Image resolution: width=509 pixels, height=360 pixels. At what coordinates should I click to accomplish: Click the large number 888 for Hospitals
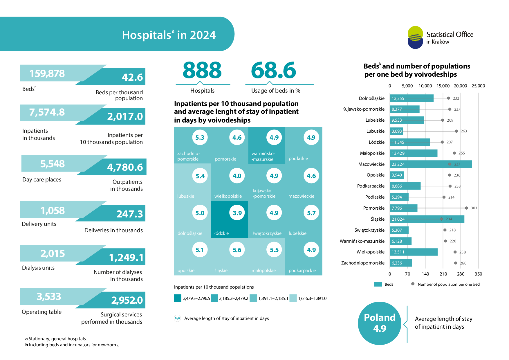(x=202, y=70)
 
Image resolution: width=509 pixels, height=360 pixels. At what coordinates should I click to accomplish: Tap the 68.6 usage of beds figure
(x=273, y=70)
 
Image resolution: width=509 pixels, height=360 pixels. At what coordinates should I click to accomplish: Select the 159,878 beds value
(x=47, y=73)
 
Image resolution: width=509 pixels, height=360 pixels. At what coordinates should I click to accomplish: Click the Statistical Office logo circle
(x=415, y=37)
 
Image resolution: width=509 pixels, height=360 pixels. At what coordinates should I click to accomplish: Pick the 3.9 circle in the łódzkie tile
(x=237, y=213)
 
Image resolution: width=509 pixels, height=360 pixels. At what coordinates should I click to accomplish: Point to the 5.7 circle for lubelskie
(x=311, y=213)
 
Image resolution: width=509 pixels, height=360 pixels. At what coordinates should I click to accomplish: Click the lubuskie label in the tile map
(x=186, y=196)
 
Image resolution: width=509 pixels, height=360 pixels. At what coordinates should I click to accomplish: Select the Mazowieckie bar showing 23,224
(x=431, y=164)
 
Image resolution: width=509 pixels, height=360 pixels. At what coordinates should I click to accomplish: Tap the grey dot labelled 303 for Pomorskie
(x=466, y=208)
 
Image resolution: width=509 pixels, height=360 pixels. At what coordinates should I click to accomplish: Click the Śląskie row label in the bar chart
(x=378, y=219)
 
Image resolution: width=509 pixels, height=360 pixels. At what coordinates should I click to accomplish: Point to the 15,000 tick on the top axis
(x=443, y=86)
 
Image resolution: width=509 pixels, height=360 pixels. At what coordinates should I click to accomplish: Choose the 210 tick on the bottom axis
(x=443, y=274)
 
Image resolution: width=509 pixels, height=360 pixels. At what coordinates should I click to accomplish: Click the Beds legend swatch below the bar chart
(x=378, y=284)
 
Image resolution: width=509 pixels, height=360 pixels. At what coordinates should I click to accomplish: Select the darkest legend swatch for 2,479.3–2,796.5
(x=178, y=298)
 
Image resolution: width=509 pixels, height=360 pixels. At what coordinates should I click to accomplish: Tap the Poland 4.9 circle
(x=380, y=323)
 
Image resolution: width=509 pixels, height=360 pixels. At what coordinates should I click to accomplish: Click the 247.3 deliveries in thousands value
(x=129, y=214)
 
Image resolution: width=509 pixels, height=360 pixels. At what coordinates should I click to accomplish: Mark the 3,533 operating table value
(x=49, y=296)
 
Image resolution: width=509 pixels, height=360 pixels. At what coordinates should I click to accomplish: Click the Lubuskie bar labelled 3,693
(x=396, y=131)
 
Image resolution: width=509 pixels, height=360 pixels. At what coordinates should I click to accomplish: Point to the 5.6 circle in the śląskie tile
(x=237, y=250)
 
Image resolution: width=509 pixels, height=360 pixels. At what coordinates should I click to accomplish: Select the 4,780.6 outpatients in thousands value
(x=125, y=167)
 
